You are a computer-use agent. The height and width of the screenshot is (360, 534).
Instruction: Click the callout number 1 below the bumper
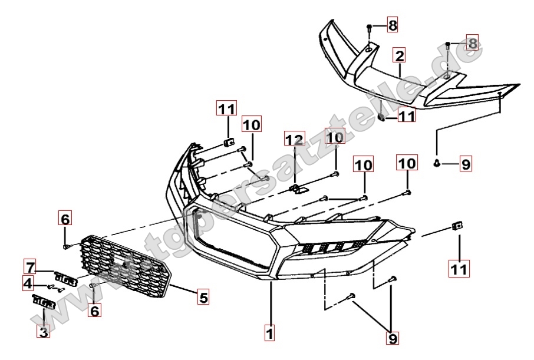(269, 333)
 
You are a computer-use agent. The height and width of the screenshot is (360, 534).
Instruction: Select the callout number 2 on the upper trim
(400, 57)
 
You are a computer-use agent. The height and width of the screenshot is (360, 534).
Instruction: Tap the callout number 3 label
(43, 332)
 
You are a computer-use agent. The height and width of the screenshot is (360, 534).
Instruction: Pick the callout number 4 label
(28, 284)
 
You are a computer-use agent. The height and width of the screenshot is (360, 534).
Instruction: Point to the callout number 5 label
(203, 298)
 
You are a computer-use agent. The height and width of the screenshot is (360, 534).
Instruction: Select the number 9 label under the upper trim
(466, 164)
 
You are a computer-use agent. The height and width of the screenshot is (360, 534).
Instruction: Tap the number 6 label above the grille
(65, 219)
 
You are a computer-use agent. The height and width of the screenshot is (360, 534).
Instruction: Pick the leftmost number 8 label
(393, 25)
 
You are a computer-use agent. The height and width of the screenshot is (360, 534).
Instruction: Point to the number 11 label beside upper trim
(406, 117)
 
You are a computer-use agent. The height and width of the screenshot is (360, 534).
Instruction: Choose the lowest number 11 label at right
(460, 269)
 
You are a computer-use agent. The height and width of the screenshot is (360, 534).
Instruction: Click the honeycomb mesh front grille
(127, 263)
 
